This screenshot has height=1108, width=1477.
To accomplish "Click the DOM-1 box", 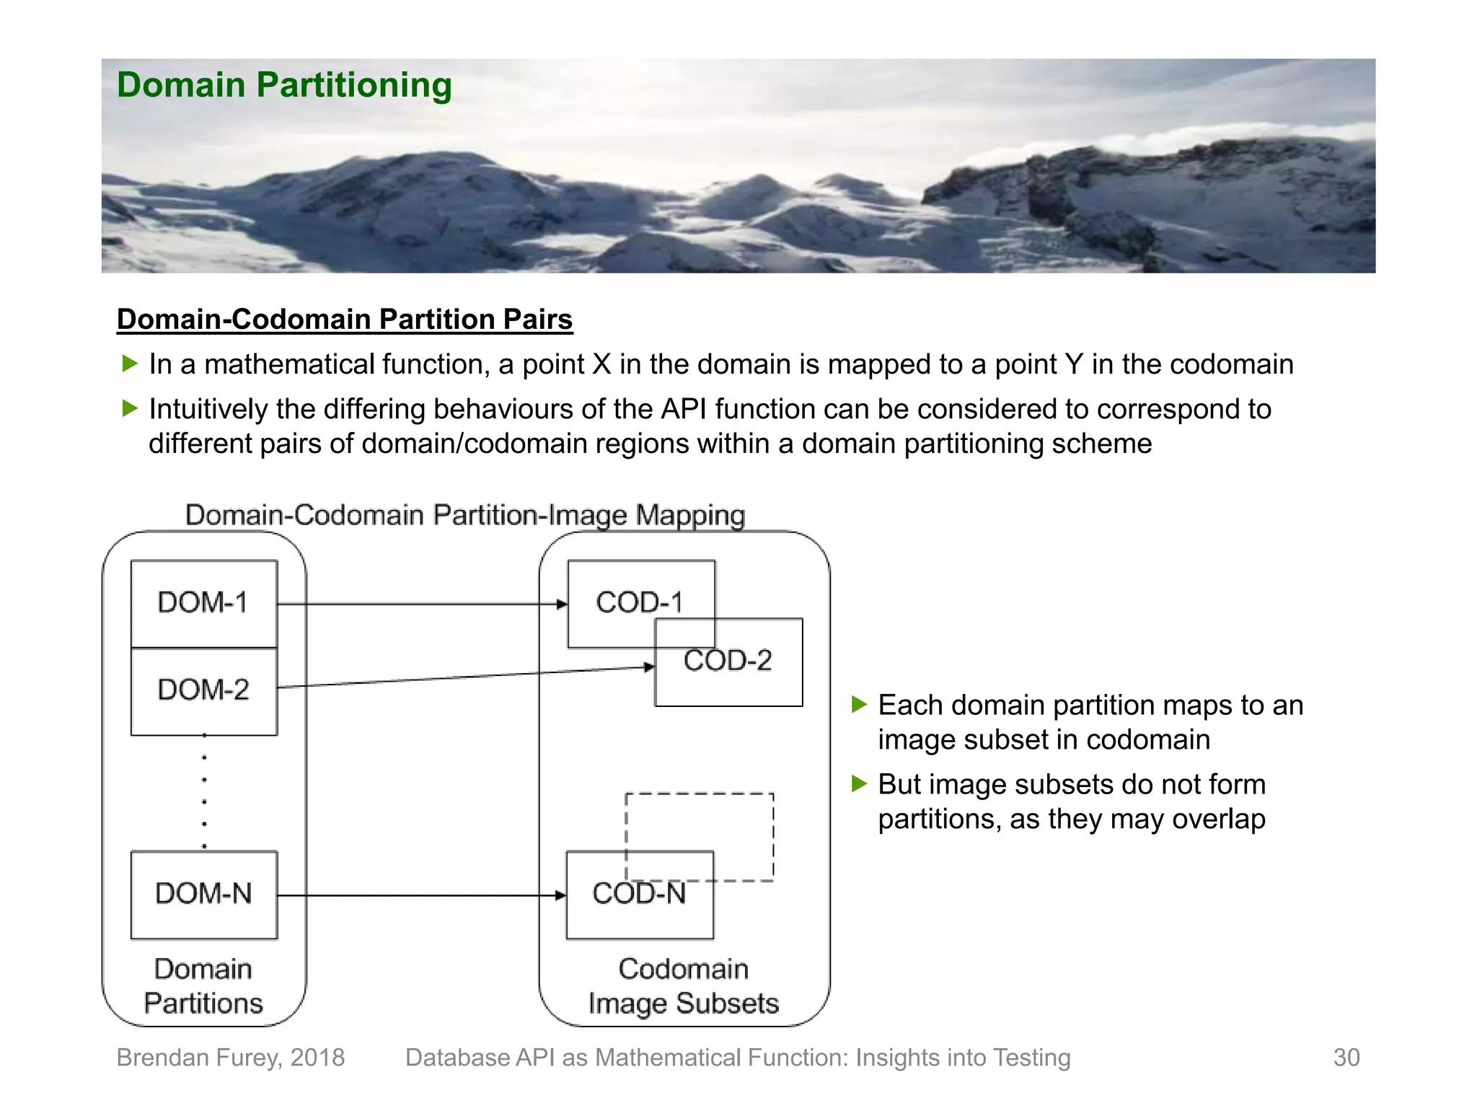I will coord(203,603).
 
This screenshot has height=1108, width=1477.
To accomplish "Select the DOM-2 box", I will coord(203,690).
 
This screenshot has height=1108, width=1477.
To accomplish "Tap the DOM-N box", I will coord(203,894).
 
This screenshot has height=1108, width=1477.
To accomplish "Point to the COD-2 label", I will coord(728,661).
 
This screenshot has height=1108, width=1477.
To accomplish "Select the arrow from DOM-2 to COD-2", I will coord(465,677).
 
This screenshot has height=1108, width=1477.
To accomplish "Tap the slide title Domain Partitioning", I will coord(284,85).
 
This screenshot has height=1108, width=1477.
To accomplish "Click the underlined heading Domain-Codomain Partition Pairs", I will coord(345,320).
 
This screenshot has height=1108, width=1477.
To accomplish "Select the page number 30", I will coord(1346,1058).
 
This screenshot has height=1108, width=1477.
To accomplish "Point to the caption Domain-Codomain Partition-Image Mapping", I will coord(465,515).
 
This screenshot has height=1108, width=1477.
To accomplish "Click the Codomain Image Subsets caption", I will coord(684,986).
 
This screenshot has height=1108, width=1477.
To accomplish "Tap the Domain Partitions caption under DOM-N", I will coord(203,986).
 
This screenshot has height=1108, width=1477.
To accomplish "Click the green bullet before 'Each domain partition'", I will coord(858,704).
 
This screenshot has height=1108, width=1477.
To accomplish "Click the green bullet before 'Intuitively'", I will coord(130,408).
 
